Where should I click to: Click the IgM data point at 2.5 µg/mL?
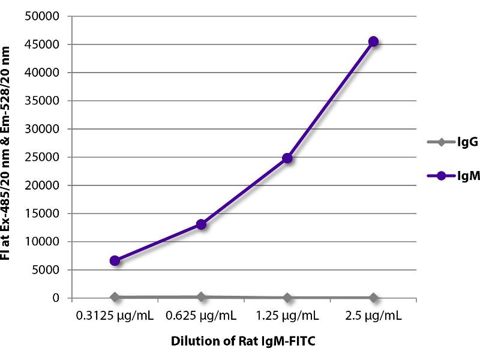pyautogui.click(x=373, y=41)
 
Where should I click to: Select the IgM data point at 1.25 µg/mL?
pyautogui.click(x=287, y=158)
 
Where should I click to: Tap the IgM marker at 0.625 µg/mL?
pyautogui.click(x=201, y=224)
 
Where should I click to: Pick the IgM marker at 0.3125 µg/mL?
pyautogui.click(x=115, y=260)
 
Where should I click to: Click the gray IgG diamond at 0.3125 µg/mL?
pyautogui.click(x=115, y=297)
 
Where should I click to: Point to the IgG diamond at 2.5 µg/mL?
pyautogui.click(x=373, y=298)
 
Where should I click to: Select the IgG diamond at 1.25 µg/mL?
pyautogui.click(x=287, y=298)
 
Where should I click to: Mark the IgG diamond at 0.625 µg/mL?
pyautogui.click(x=201, y=296)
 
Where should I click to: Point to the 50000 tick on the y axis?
pyautogui.click(x=43, y=16)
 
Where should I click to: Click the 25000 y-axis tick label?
pyautogui.click(x=43, y=157)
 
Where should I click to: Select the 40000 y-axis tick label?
pyautogui.click(x=43, y=73)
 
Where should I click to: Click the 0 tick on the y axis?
pyautogui.click(x=56, y=298)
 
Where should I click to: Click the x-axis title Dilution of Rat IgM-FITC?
pyautogui.click(x=243, y=341)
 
